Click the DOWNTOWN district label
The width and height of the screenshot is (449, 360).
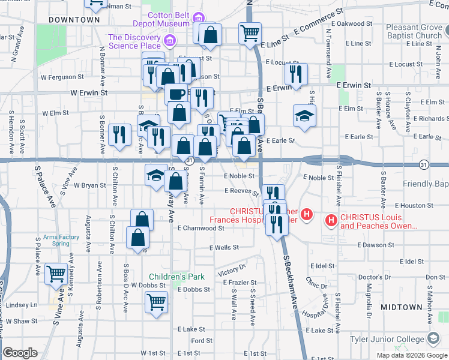(x=74, y=20)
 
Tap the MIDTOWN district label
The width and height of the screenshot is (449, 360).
(x=401, y=307)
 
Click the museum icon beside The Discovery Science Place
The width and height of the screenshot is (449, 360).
(x=170, y=41)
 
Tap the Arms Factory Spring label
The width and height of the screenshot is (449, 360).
(x=61, y=240)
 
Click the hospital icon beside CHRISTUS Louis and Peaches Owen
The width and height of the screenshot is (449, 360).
(x=331, y=221)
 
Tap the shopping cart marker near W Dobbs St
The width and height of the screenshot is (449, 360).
(x=156, y=301)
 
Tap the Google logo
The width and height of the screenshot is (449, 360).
(x=20, y=353)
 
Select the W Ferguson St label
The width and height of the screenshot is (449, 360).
(x=62, y=77)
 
